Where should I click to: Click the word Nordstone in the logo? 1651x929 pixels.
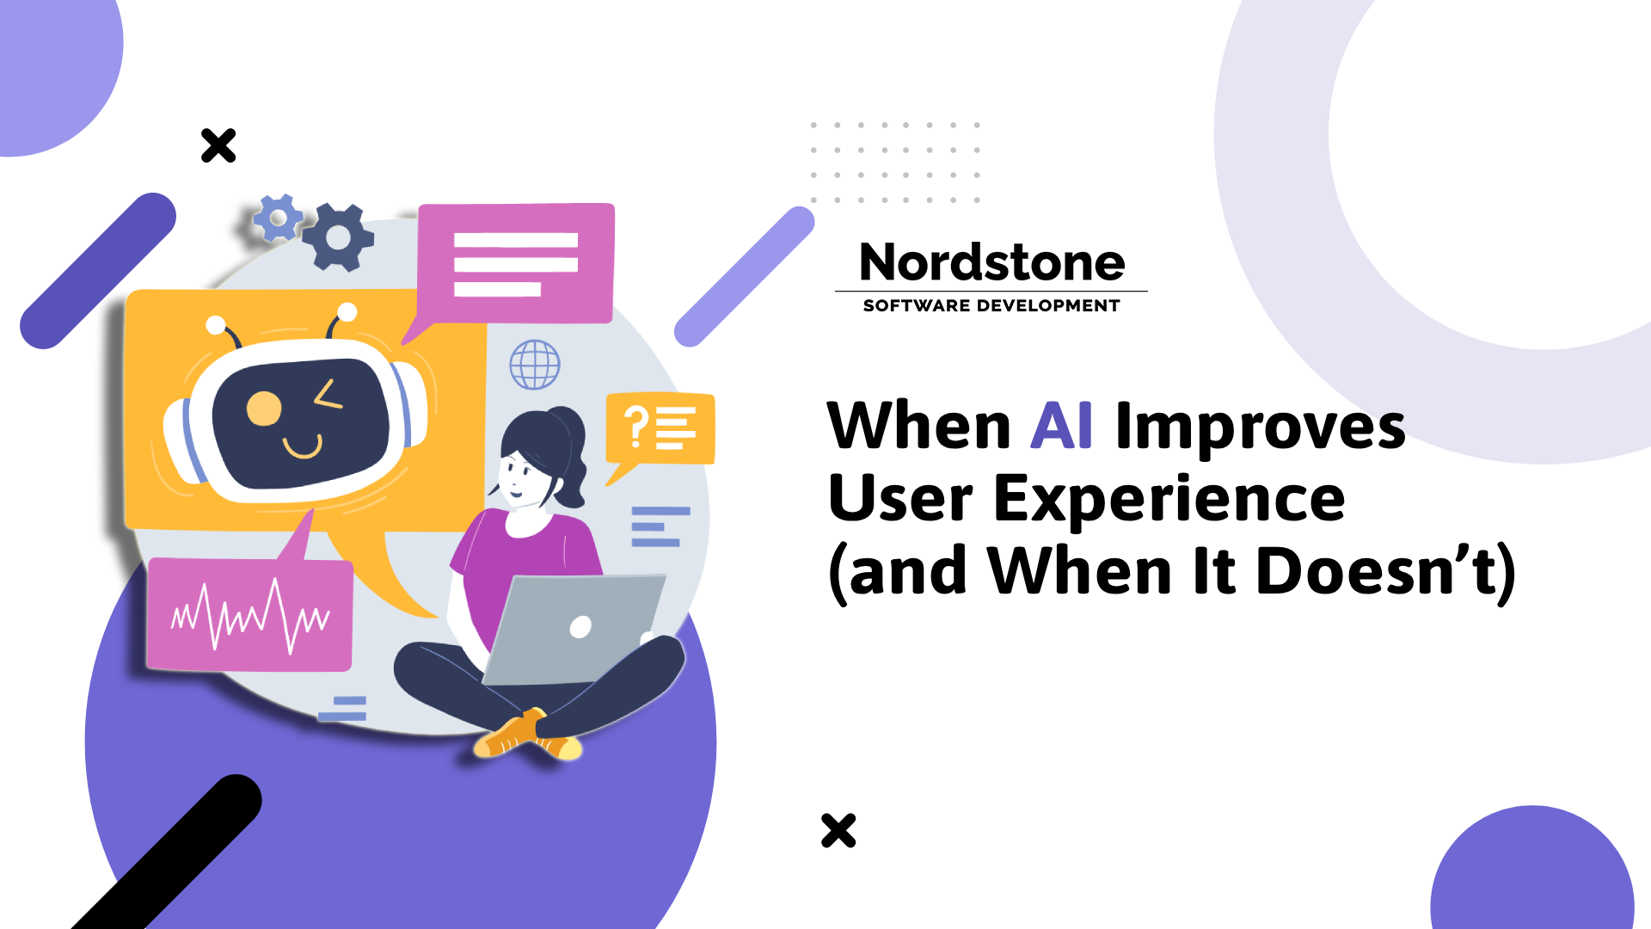[991, 262]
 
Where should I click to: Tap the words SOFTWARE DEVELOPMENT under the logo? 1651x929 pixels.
[991, 305]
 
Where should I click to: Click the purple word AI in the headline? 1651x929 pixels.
[1061, 426]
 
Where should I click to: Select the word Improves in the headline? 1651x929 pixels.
[1261, 428]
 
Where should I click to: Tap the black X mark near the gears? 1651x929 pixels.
[218, 145]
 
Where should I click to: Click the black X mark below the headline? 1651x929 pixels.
[838, 830]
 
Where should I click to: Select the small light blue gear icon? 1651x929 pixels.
[277, 217]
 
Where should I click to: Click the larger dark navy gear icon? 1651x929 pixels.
[339, 237]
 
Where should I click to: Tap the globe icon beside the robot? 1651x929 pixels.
[535, 364]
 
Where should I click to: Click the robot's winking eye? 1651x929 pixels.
[328, 395]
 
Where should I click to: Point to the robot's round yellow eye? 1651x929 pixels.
[264, 409]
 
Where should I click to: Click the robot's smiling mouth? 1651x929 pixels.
[303, 447]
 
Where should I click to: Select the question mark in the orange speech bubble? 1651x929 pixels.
[636, 427]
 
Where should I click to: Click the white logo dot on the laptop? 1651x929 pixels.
[580, 627]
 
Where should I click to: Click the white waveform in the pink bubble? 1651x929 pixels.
[249, 614]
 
